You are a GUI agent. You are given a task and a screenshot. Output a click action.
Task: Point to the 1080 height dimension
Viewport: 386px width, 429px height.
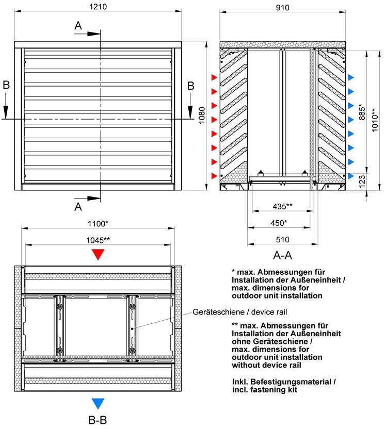202,117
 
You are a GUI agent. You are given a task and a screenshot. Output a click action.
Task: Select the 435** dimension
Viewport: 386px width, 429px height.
282,207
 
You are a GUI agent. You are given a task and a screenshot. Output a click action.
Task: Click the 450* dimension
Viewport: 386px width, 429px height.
279,223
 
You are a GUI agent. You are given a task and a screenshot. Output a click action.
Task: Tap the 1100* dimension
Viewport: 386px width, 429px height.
97,224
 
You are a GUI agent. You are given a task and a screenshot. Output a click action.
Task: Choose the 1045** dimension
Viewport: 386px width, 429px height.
97,240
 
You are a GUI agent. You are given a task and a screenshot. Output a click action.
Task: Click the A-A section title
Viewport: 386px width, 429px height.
283,255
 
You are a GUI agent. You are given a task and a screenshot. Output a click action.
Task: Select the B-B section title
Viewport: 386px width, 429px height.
98,420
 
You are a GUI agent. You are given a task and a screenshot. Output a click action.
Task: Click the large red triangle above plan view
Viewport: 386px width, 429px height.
98,254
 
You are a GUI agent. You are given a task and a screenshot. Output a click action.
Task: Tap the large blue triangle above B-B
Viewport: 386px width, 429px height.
98,403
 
